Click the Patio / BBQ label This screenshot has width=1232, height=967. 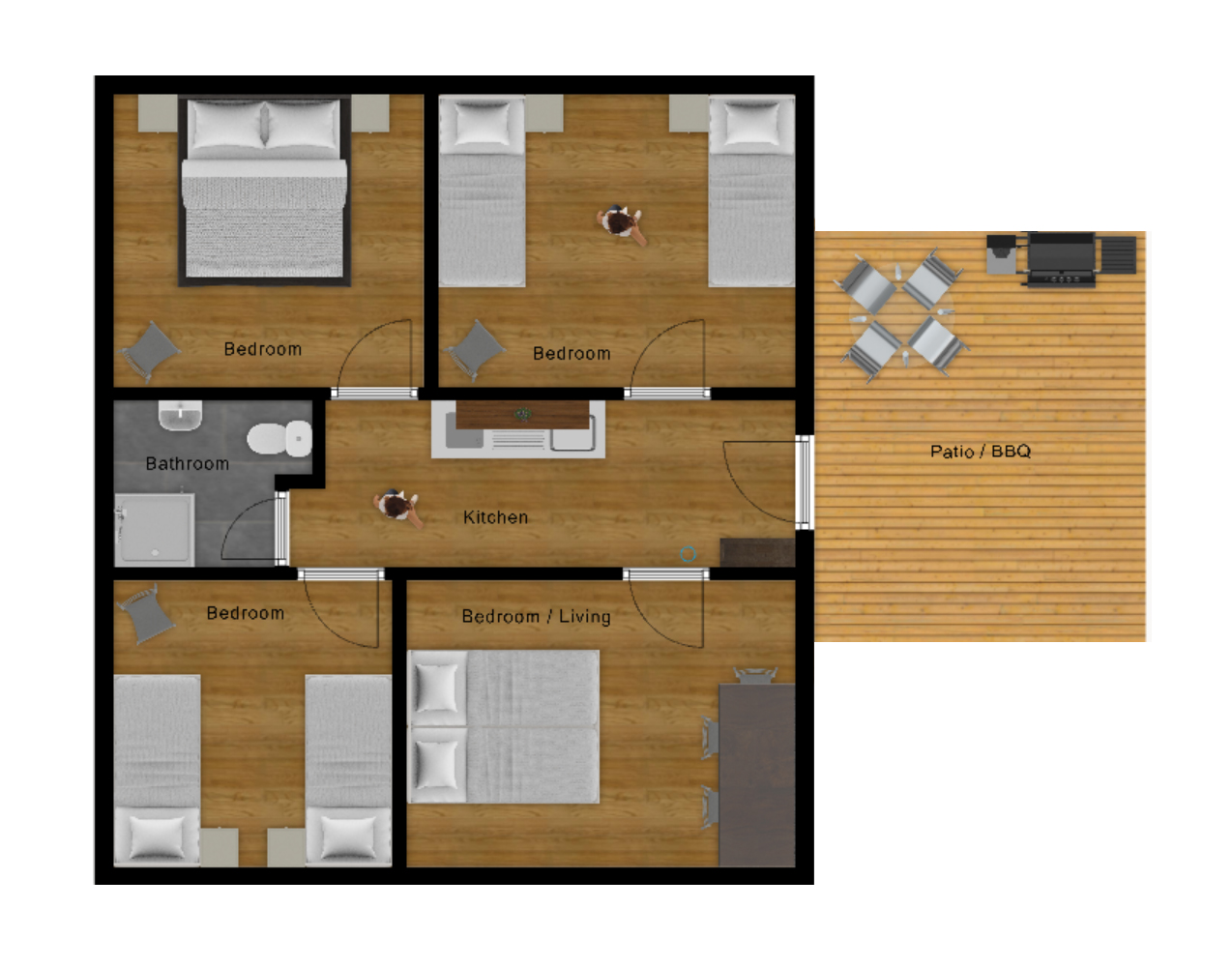pyautogui.click(x=980, y=452)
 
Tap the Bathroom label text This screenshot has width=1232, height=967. pyautogui.click(x=187, y=463)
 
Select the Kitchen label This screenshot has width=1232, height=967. pyautogui.click(x=495, y=517)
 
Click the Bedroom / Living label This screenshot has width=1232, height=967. pyautogui.click(x=536, y=616)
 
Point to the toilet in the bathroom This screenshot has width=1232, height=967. pyautogui.click(x=279, y=438)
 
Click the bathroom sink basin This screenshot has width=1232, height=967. pyautogui.click(x=180, y=415)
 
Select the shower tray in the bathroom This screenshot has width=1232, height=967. pyautogui.click(x=154, y=529)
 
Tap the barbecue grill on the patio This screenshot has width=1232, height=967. pyautogui.click(x=1061, y=259)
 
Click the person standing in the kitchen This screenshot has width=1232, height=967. pyautogui.click(x=397, y=506)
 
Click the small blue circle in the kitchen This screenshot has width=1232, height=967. pyautogui.click(x=688, y=554)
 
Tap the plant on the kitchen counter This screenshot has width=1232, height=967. pyautogui.click(x=523, y=414)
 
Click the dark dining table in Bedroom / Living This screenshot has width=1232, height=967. pyautogui.click(x=757, y=775)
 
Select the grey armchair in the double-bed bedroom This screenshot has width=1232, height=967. pyautogui.click(x=150, y=350)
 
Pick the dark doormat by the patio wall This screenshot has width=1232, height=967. pyautogui.click(x=757, y=552)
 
